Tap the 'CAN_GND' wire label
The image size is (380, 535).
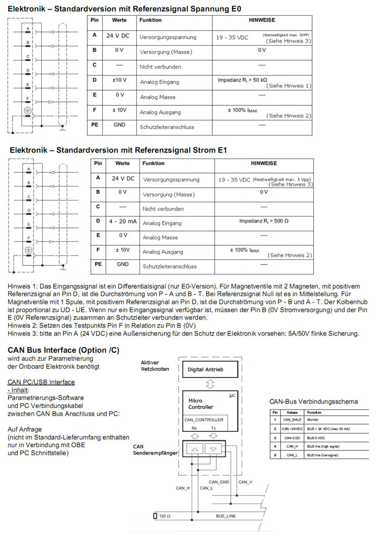point(219,482)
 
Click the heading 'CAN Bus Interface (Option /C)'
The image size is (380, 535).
point(64,350)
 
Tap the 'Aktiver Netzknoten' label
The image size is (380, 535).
point(155,365)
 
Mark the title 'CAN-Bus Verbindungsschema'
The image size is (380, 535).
point(313,402)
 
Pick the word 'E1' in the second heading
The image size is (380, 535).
point(221,149)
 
